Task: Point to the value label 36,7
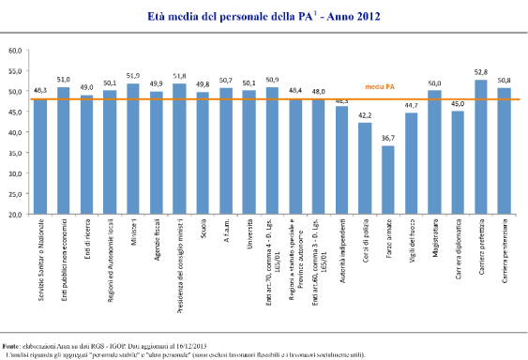(x=388, y=139)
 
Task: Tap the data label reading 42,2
(x=365, y=117)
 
